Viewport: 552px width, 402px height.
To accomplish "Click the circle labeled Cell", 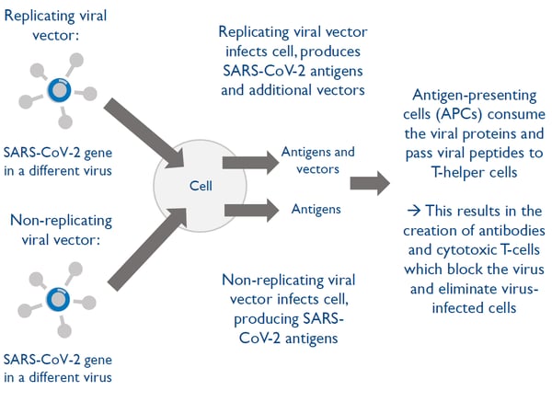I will click(x=201, y=184).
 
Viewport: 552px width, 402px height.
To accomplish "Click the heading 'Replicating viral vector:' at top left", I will click(x=52, y=26).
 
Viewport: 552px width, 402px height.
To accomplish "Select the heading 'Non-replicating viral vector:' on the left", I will click(x=61, y=230).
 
